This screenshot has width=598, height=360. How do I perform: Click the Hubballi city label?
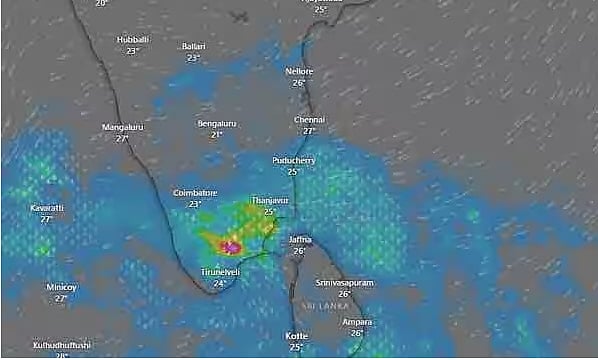pos(132,39)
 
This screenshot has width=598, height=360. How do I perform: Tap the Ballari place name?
pos(194,46)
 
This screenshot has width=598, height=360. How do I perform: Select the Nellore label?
pos(299,71)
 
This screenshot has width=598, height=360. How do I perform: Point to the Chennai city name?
pos(309,119)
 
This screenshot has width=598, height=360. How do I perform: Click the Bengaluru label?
pos(216,123)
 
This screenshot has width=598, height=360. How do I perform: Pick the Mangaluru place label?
pos(122,127)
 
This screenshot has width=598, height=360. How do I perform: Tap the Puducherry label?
pos(293,160)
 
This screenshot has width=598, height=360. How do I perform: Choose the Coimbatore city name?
pos(195,192)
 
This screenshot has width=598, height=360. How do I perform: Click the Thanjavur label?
pos(269,200)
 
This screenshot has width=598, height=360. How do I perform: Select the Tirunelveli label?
pos(220,272)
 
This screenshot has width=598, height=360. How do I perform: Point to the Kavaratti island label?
pos(47,208)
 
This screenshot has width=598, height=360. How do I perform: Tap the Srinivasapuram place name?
pos(344,283)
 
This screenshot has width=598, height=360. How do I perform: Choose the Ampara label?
pos(357,322)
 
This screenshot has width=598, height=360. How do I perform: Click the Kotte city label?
pos(297,336)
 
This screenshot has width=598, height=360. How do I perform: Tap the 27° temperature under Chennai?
pos(309,131)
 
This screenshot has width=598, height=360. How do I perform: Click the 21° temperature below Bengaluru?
pos(216,134)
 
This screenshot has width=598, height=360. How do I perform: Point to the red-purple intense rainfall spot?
pos(230,245)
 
